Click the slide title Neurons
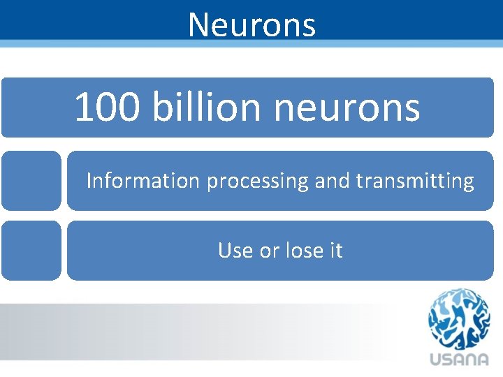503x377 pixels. point(251,25)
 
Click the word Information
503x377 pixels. point(143,181)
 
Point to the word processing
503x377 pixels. point(257,182)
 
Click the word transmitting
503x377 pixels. point(414,181)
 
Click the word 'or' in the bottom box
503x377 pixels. point(269,251)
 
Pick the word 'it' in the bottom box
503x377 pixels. point(335,250)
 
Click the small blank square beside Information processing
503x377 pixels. point(31,180)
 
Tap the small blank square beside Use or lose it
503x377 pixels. point(31,250)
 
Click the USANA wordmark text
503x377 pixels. point(459,360)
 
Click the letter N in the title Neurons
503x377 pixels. point(198,25)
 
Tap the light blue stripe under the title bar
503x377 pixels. point(251,44)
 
